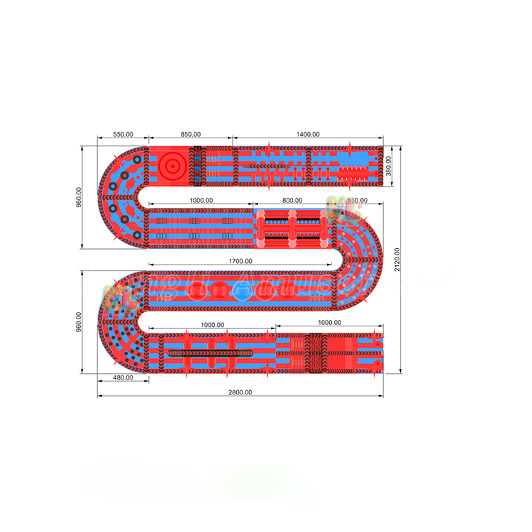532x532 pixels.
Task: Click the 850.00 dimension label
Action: (190, 134)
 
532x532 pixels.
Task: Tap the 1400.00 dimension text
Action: (308, 134)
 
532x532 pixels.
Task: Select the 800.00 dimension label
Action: (292, 201)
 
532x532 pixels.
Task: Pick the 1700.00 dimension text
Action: (240, 261)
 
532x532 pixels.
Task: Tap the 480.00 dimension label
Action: (123, 377)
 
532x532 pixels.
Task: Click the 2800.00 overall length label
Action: (240, 392)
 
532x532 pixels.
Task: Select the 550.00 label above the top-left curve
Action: (123, 134)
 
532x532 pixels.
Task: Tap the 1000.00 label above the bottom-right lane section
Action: (330, 323)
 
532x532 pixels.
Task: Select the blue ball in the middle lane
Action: (241, 292)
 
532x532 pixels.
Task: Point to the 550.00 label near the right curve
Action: (357, 201)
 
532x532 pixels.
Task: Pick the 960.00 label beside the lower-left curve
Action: (79, 323)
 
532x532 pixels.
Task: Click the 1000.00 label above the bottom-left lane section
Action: (211, 325)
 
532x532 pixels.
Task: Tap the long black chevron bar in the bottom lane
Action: (209, 351)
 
